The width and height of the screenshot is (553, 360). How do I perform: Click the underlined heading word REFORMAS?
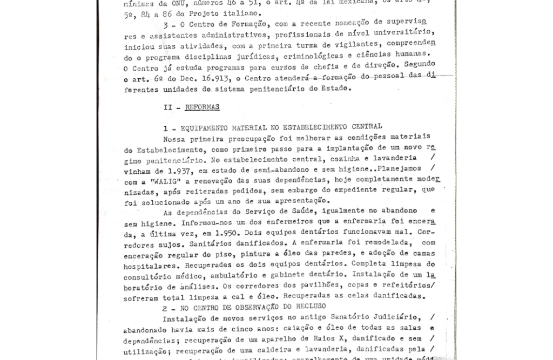tap(202, 107)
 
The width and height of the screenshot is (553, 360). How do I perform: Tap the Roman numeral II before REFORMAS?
tap(168, 107)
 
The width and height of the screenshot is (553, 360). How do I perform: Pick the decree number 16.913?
tap(215, 78)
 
